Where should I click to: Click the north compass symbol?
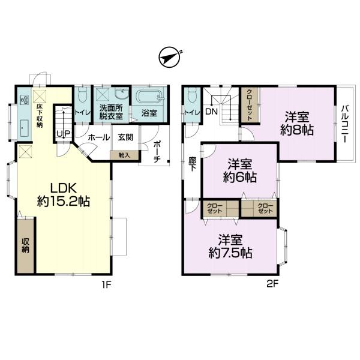click(169, 58)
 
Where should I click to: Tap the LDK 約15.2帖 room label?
click(64, 195)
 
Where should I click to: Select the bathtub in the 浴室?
click(149, 97)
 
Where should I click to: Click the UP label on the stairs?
click(64, 134)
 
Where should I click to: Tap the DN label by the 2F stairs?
click(211, 112)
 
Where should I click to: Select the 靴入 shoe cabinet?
click(124, 155)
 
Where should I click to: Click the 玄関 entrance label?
click(125, 137)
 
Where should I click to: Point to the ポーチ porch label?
click(157, 152)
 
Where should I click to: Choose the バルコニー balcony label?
click(344, 124)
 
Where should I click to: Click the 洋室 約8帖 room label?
click(297, 123)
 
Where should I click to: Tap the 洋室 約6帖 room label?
click(239, 170)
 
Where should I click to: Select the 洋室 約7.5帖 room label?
click(230, 246)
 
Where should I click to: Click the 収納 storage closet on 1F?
click(25, 245)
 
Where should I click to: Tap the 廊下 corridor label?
click(193, 164)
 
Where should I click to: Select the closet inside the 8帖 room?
click(250, 105)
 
